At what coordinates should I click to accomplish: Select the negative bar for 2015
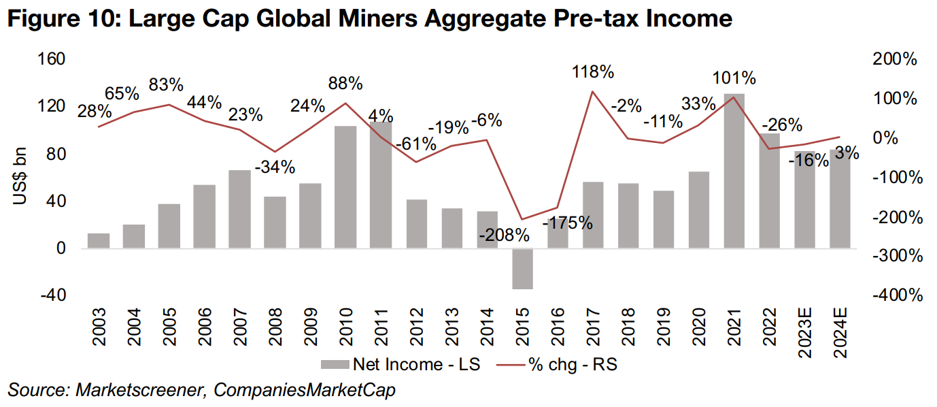522,269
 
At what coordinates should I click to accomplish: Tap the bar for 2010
345,187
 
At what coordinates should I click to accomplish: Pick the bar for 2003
99,241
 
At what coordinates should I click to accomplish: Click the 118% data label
593,71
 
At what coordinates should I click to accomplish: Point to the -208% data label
504,235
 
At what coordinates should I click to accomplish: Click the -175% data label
568,223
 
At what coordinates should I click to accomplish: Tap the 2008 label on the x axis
275,328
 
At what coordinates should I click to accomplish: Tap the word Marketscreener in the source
124,390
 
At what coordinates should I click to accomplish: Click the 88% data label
345,84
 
